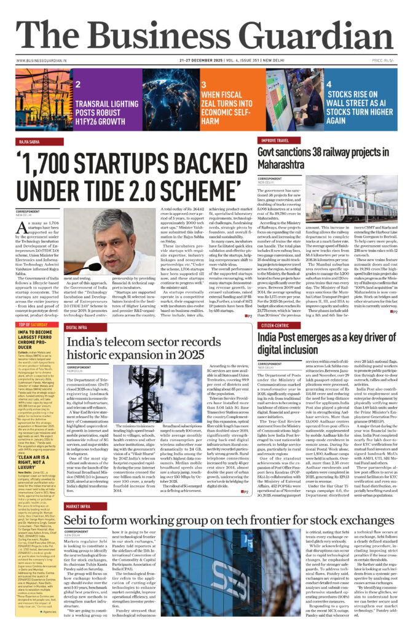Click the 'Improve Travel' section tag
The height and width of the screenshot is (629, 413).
tap(274, 141)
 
